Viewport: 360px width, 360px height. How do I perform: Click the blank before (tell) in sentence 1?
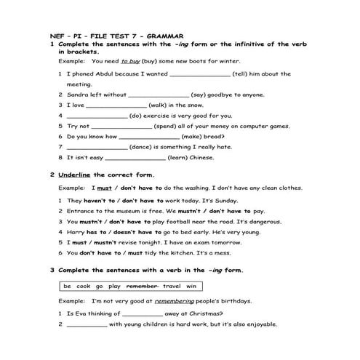pos(200,73)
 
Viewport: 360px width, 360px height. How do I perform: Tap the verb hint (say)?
pos(201,95)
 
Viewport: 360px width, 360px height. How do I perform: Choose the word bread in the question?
pos(215,136)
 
